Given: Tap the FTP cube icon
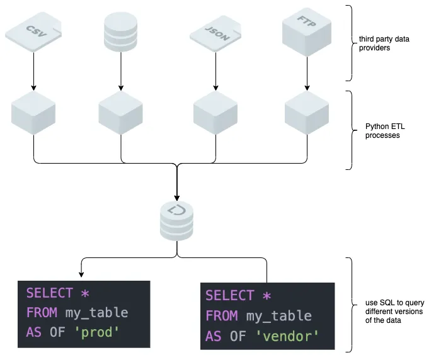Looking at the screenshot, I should pyautogui.click(x=306, y=28).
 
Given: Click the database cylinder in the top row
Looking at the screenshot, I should pyautogui.click(x=120, y=31).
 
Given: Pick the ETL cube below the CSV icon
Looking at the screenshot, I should pyautogui.click(x=33, y=113).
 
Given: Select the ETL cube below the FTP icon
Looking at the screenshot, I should pyautogui.click(x=306, y=113).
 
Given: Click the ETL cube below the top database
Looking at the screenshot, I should pyautogui.click(x=120, y=113).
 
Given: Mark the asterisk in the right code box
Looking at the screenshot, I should pyautogui.click(x=267, y=296).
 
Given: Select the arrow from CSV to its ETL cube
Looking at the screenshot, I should pyautogui.click(x=33, y=70).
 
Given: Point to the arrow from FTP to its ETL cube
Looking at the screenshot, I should pyautogui.click(x=306, y=70).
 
